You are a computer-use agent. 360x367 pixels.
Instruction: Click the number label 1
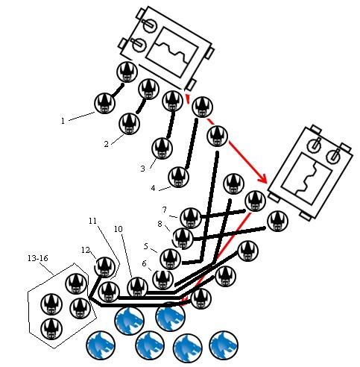tap(63, 121)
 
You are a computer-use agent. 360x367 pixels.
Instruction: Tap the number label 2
tap(107, 144)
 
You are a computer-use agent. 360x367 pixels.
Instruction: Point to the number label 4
tap(153, 188)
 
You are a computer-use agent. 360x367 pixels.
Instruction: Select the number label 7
tap(165, 210)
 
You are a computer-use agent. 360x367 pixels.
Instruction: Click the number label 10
tap(119, 229)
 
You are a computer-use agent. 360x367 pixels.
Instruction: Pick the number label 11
tap(92, 221)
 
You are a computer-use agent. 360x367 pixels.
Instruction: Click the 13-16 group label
tap(38, 258)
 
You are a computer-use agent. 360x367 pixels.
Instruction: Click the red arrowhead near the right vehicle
tap(262, 178)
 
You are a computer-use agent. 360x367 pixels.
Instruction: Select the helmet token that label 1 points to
tap(105, 103)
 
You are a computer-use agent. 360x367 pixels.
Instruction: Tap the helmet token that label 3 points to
tap(162, 148)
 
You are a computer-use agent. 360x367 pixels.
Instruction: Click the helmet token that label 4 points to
tap(179, 177)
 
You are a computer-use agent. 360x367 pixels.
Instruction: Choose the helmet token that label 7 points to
tap(191, 218)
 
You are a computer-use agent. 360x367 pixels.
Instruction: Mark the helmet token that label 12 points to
tap(104, 267)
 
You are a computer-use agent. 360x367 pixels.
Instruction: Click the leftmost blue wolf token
tap(101, 345)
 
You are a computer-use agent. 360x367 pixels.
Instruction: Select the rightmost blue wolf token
tap(224, 345)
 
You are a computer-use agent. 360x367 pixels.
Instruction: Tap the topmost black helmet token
tap(127, 72)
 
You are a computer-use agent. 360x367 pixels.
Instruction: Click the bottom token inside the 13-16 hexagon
tap(51, 329)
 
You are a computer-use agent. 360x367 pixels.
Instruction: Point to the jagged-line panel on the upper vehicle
tap(172, 52)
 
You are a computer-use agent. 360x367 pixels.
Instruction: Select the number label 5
tap(146, 246)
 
